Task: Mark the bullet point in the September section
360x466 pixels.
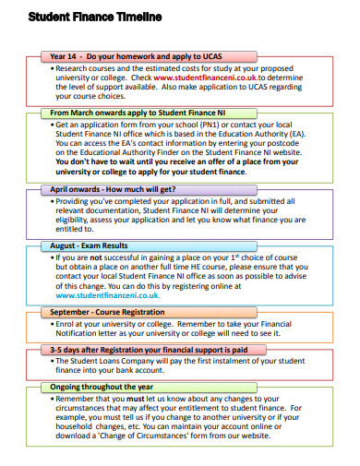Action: coord(52,326)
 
